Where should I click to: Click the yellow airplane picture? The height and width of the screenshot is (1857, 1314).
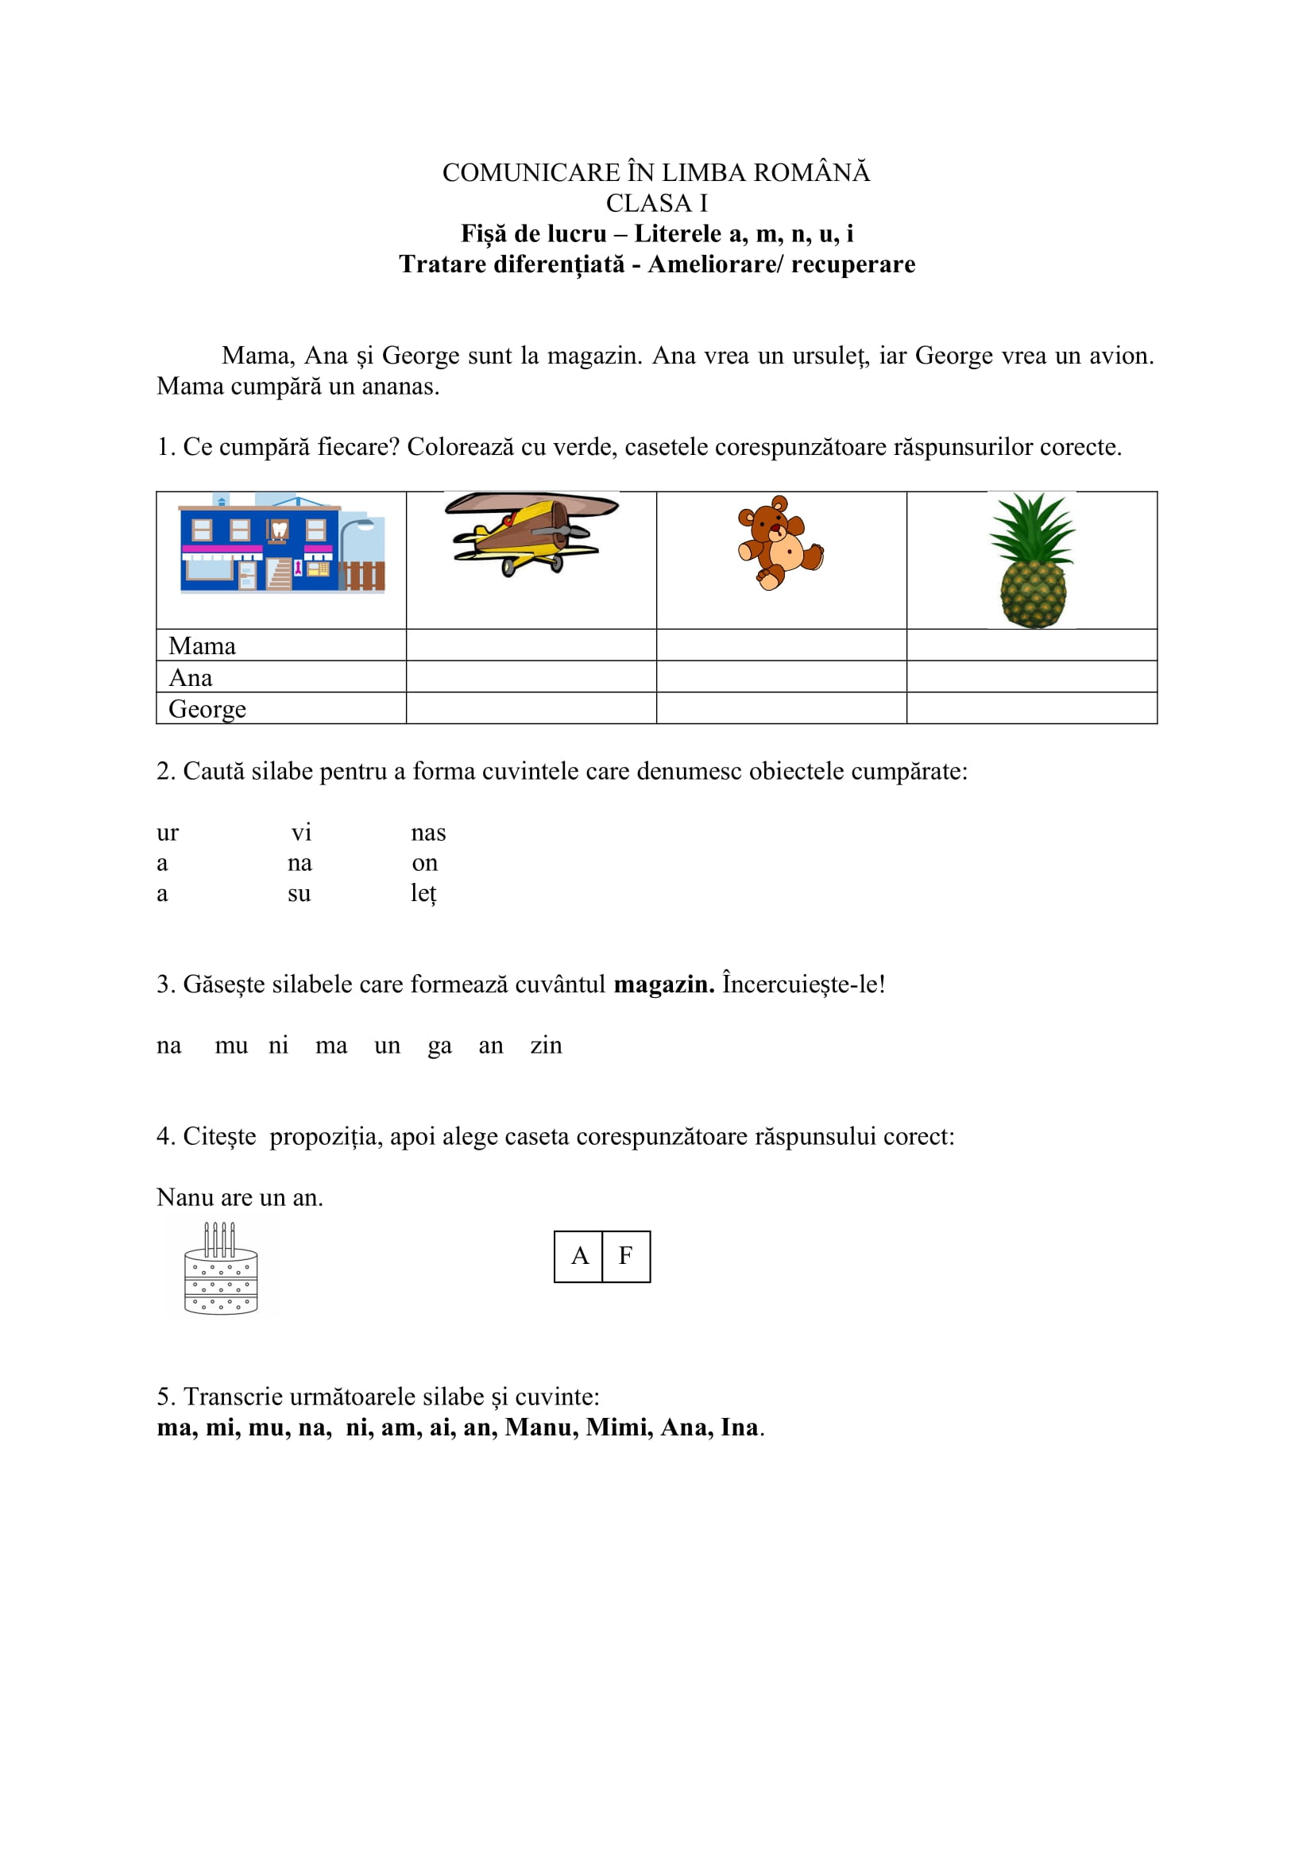[531, 533]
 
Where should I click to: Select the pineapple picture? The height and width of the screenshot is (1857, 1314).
[1033, 561]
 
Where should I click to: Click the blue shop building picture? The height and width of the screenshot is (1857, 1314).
[281, 543]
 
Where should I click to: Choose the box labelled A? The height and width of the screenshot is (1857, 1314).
[578, 1256]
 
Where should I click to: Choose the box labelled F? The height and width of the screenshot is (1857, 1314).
[625, 1256]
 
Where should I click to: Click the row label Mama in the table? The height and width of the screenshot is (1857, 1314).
[203, 646]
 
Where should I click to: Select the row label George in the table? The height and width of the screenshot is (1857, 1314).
[207, 709]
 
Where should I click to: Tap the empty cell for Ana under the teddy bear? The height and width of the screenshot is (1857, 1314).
[781, 677]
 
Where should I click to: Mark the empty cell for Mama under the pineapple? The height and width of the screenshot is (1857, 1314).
[1032, 645]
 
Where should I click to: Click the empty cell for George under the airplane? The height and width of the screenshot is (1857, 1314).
[531, 708]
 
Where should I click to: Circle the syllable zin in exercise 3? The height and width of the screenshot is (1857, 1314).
[546, 1045]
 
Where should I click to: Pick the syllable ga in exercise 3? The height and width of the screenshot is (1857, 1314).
[439, 1046]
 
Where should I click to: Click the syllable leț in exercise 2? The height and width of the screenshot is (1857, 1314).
[423, 894]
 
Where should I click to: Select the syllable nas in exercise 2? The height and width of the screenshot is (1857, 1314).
[428, 833]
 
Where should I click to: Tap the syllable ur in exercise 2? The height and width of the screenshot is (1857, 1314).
[168, 833]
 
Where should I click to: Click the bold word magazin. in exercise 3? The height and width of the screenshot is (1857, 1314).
[663, 984]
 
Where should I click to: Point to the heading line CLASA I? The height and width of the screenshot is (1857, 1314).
[656, 203]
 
